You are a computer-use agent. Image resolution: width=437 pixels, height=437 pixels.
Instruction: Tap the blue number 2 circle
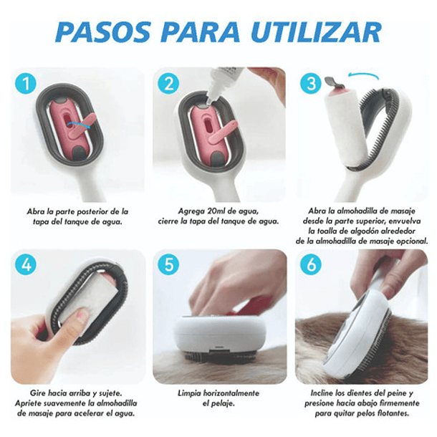[x=170, y=85]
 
